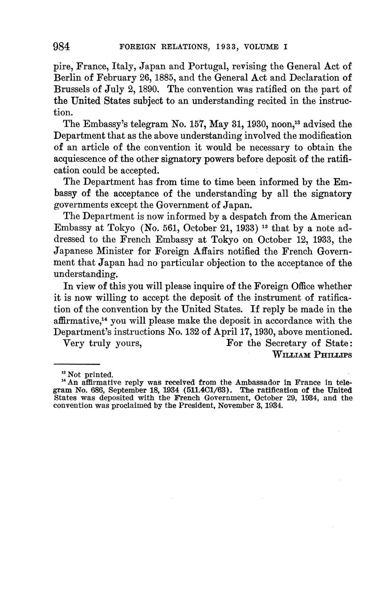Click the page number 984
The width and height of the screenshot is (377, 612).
pyautogui.click(x=62, y=46)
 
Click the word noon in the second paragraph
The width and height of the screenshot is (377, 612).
pyautogui.click(x=281, y=124)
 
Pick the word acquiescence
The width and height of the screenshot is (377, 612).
pyautogui.click(x=82, y=159)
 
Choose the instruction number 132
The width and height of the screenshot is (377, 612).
pyautogui.click(x=190, y=332)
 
